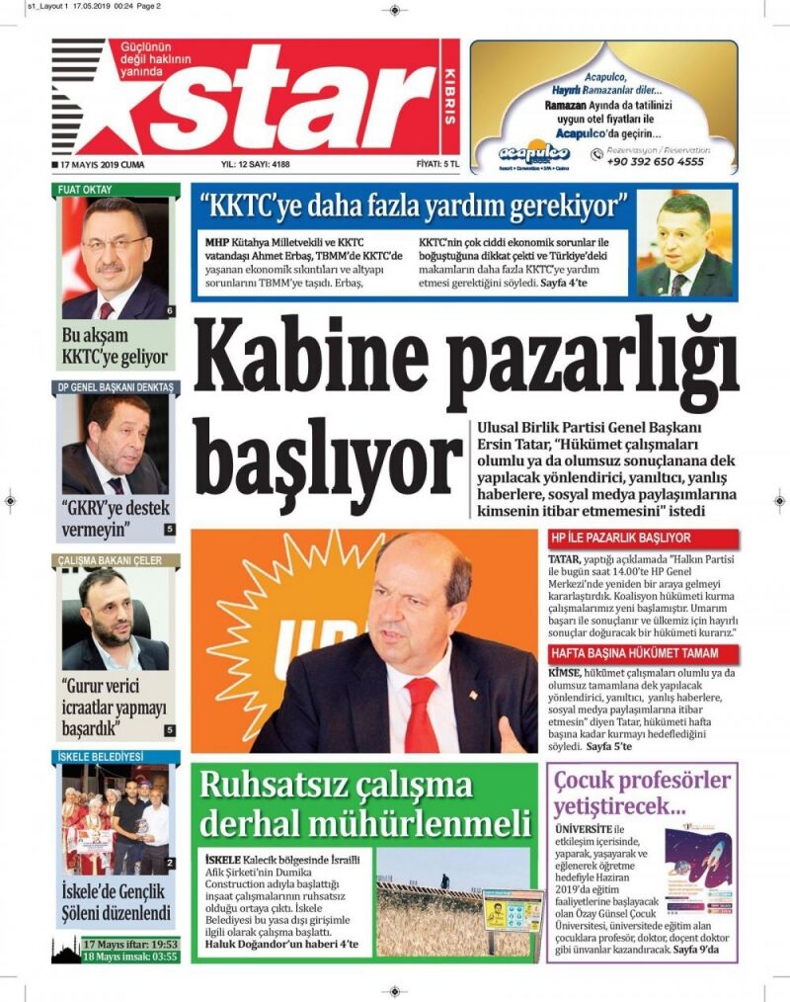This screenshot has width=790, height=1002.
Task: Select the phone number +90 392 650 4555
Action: click(655, 161)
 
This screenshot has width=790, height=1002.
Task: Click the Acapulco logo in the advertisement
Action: click(533, 152)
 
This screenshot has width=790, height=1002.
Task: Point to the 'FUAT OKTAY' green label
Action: click(85, 189)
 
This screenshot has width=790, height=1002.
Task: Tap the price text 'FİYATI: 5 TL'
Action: click(438, 165)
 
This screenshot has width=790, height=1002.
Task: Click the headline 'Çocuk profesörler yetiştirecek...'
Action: click(642, 793)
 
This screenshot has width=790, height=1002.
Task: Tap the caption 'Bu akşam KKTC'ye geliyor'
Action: click(115, 346)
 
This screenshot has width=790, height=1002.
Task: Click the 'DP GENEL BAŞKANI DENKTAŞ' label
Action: click(115, 386)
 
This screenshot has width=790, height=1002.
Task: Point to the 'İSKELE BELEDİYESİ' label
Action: click(100, 756)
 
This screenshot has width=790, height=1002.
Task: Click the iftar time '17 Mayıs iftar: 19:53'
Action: click(130, 944)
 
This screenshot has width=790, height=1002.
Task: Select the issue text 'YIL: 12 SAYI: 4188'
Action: click(254, 165)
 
